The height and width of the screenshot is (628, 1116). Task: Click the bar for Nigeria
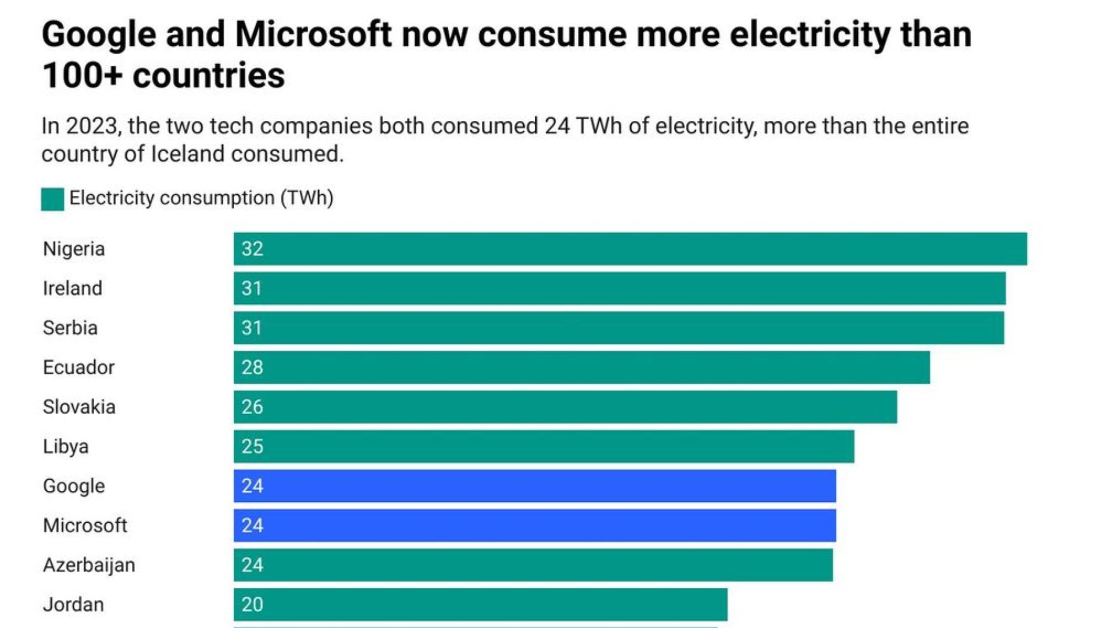click(x=630, y=249)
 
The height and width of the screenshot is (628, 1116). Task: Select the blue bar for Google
click(x=535, y=486)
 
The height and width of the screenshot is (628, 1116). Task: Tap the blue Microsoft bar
click(x=535, y=526)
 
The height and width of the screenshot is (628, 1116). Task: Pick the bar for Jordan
click(x=480, y=605)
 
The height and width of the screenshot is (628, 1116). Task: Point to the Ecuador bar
click(x=581, y=367)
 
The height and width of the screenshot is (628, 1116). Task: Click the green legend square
click(x=52, y=199)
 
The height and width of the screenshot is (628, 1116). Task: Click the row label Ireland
click(x=73, y=288)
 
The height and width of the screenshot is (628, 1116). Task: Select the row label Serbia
click(x=70, y=328)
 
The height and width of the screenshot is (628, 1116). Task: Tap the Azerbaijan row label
click(x=89, y=565)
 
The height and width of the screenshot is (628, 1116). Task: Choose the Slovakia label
click(x=79, y=407)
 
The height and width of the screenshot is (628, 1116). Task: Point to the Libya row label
click(x=66, y=447)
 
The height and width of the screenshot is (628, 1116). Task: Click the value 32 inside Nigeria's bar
click(x=252, y=249)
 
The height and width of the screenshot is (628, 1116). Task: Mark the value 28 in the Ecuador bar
click(x=252, y=367)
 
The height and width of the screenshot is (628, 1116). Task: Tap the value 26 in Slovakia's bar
click(x=252, y=407)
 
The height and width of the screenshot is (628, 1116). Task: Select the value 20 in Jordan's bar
click(x=252, y=605)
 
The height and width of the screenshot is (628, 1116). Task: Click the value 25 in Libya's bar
click(x=252, y=447)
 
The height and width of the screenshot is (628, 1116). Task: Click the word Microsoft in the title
click(x=313, y=34)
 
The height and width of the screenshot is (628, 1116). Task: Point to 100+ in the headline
click(x=82, y=76)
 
